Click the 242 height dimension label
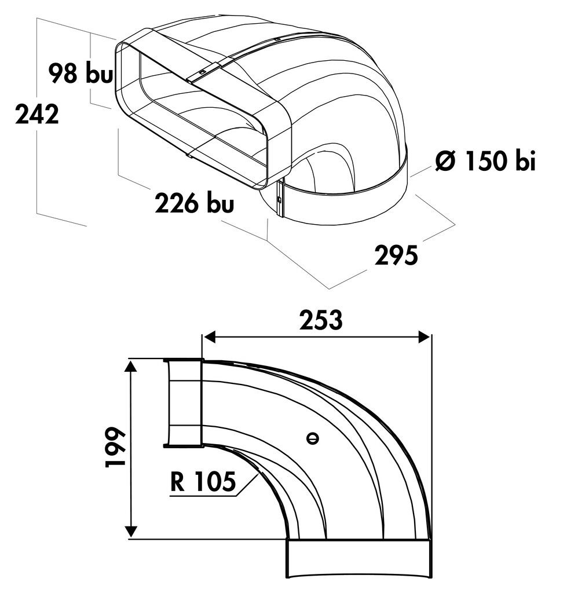pos(37,114)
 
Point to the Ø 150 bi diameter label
pos(485,160)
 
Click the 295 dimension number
pos(396,255)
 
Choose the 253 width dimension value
pos(321,320)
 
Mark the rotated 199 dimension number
pos(115,448)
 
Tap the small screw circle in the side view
pos(312,439)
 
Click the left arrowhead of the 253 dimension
pos(209,336)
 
